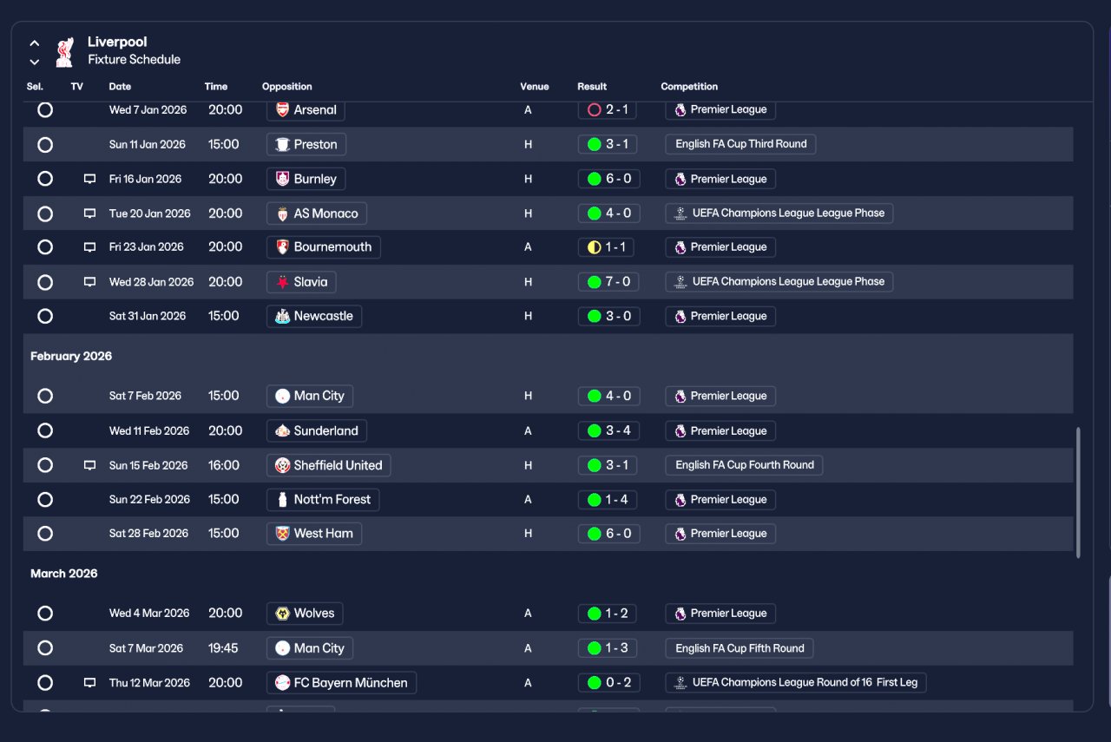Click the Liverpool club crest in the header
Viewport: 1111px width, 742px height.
point(64,51)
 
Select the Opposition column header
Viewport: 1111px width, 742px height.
point(286,87)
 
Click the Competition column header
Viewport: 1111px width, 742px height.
point(689,87)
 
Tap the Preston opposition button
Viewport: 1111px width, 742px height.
point(306,144)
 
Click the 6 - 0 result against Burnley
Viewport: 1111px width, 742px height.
point(609,179)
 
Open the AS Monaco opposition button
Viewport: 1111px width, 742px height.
point(316,213)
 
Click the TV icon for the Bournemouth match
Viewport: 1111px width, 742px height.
point(89,247)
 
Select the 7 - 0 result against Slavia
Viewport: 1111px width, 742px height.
point(609,282)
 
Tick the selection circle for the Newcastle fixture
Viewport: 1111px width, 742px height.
point(45,316)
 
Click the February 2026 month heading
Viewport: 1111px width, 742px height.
point(71,357)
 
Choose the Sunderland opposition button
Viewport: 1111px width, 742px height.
point(317,430)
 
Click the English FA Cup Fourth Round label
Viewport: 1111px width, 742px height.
point(744,465)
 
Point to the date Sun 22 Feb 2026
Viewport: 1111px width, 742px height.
point(149,500)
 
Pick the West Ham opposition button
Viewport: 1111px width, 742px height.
point(313,534)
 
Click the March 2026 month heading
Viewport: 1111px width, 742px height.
point(63,574)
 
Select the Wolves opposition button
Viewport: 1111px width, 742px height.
point(305,614)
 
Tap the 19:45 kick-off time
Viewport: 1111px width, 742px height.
point(223,648)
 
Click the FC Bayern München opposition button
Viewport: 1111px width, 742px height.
point(341,683)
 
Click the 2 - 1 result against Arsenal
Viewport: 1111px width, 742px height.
point(609,110)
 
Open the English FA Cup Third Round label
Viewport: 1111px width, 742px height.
point(740,144)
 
